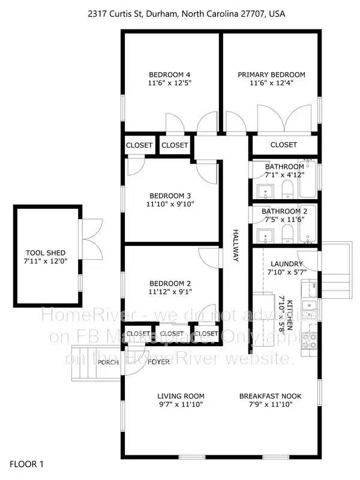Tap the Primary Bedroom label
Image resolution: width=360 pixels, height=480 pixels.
(271, 75)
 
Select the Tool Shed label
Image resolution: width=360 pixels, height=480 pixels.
(46, 253)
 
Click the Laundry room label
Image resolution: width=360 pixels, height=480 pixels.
(286, 264)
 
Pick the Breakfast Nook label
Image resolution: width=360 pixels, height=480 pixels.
(270, 396)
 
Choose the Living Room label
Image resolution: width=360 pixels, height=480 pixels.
(181, 396)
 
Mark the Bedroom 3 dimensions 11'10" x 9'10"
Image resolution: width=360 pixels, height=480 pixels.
(169, 205)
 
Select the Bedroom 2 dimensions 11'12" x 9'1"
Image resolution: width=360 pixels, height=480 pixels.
(169, 293)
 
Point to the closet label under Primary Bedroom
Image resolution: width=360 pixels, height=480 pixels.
(283, 145)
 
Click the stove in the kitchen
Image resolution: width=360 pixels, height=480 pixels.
(310, 341)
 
